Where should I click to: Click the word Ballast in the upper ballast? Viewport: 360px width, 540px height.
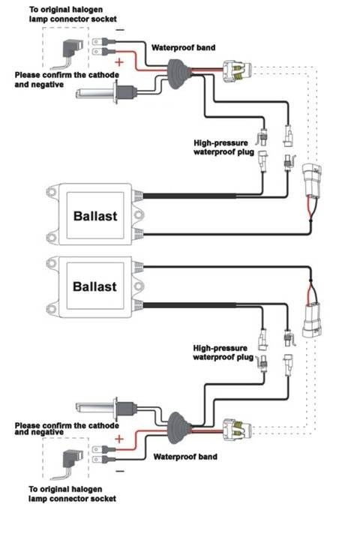coord(95,216)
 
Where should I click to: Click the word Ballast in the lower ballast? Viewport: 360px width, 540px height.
coord(94,286)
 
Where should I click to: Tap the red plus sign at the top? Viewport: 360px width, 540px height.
coord(118,62)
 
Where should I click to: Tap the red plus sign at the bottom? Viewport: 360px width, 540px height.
coord(118,439)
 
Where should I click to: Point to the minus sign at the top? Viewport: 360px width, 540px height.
coord(120,30)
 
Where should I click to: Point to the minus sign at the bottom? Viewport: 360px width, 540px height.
coord(119,471)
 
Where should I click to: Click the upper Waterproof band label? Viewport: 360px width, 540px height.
coord(183,47)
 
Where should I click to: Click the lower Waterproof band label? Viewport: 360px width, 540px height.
coord(185,457)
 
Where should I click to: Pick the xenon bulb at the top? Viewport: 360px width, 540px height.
coord(106,92)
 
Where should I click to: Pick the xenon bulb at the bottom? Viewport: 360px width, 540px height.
coord(106,409)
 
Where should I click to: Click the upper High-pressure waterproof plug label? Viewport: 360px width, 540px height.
coord(224,148)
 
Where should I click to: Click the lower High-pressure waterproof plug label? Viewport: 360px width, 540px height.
coord(223,352)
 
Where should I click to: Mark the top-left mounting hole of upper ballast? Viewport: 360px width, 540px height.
coord(52,191)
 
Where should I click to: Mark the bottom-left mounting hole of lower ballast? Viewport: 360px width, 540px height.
coord(52,308)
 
